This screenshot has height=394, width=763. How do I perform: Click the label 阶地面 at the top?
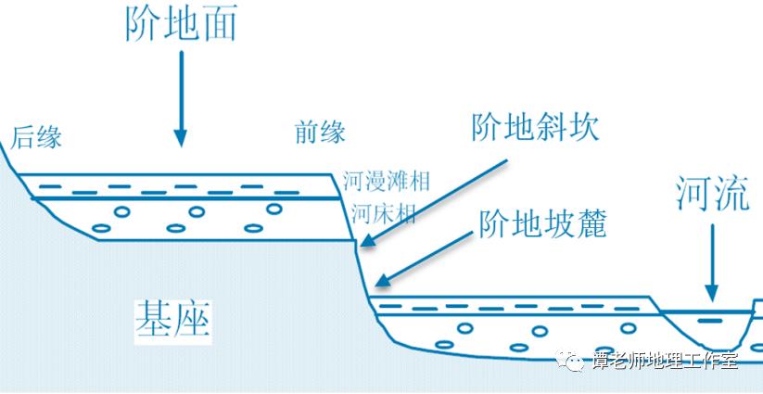coord(181,22)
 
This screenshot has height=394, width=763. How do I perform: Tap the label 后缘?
coord(37,138)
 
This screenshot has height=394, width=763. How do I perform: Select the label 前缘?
coord(320,133)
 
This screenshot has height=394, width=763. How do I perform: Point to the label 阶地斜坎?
coord(535,127)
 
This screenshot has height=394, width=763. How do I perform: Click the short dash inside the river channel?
coord(711,321)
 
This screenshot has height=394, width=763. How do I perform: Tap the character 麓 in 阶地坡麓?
coord(588,222)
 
